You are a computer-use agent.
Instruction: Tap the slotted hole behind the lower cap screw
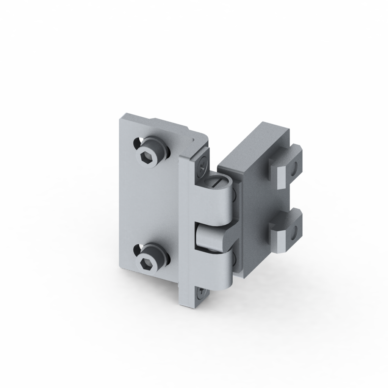(137, 250)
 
